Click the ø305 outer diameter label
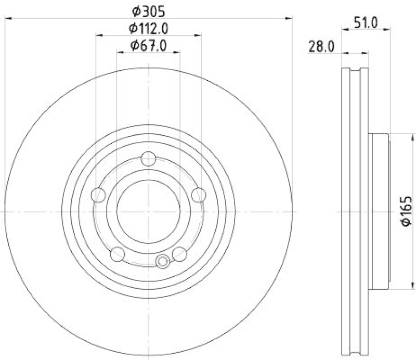click(x=149, y=10)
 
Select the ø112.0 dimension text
click(x=149, y=28)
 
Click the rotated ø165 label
click(x=406, y=212)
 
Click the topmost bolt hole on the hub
click(x=149, y=158)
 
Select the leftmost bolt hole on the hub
click(x=98, y=195)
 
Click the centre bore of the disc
click(x=149, y=211)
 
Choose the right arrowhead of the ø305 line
click(x=290, y=19)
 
